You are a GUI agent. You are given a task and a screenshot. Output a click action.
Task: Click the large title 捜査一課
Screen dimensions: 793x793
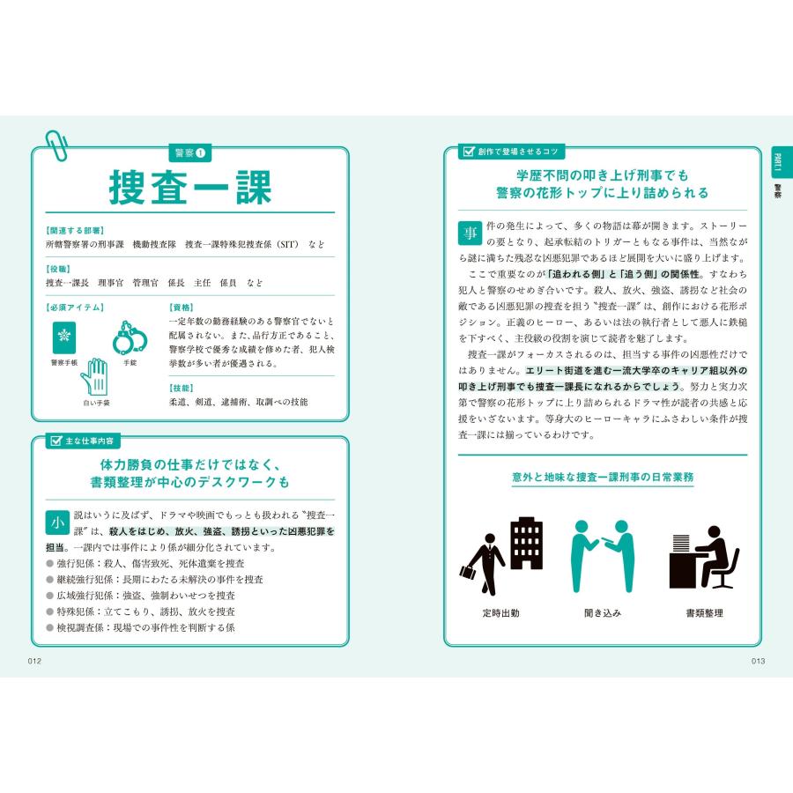point(189,186)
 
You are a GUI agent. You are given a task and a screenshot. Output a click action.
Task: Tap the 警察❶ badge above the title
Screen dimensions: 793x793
point(189,153)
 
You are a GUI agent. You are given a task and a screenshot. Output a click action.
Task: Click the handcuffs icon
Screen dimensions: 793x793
point(130,339)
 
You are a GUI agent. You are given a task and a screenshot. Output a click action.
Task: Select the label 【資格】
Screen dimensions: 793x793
point(181,308)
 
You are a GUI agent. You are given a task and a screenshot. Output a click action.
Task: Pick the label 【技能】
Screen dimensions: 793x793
point(181,387)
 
